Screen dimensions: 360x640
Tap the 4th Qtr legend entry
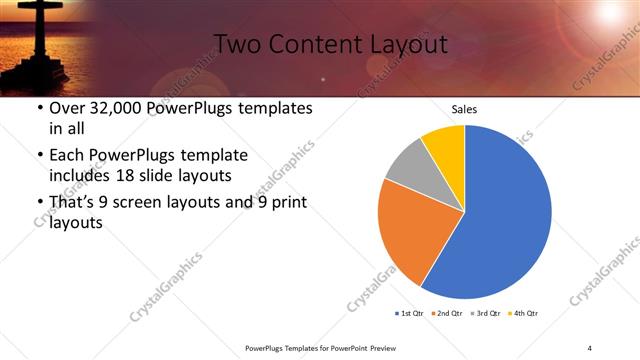525,313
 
